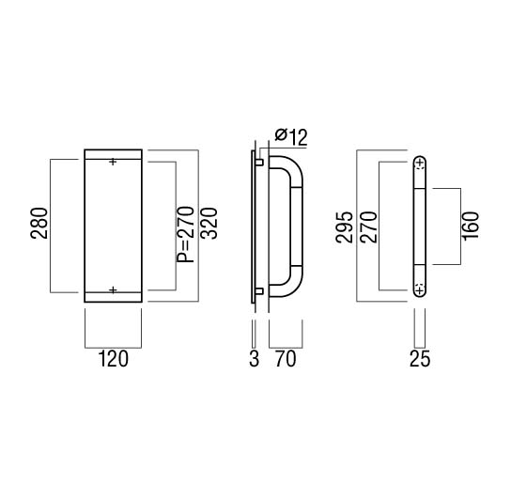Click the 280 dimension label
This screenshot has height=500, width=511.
(x=39, y=223)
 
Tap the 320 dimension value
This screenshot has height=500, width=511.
(x=209, y=223)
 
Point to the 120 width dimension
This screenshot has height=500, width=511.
(x=114, y=359)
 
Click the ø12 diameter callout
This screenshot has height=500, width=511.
(x=291, y=137)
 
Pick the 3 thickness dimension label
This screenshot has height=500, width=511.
(x=255, y=359)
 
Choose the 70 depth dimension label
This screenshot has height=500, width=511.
(x=286, y=359)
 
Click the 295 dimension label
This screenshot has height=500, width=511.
(x=345, y=227)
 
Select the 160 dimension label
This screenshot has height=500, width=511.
(x=471, y=226)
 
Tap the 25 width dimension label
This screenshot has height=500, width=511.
(x=420, y=359)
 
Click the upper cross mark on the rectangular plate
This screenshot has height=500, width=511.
(x=113, y=162)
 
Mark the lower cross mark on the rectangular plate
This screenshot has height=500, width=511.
(x=113, y=290)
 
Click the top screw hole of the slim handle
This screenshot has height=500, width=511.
(x=420, y=163)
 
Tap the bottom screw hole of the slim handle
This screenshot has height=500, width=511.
(x=420, y=290)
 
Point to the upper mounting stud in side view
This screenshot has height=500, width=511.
(x=259, y=162)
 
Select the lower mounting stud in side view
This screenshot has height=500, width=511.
(x=259, y=291)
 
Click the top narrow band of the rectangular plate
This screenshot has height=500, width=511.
(x=113, y=154)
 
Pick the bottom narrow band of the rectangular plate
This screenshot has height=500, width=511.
(x=113, y=297)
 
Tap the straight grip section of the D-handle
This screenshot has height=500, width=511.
(x=297, y=227)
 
